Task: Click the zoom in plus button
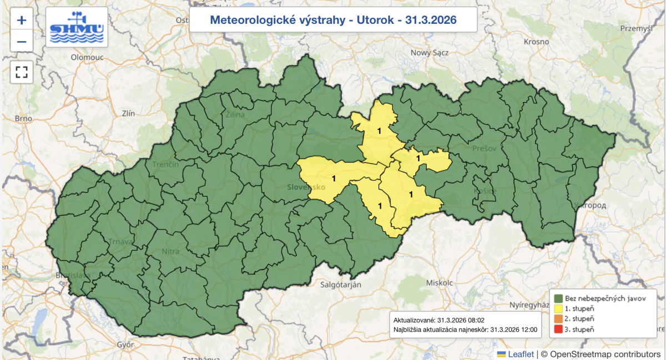click(x=22, y=21)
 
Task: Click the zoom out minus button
click(x=22, y=41)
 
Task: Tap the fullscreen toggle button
click(x=22, y=72)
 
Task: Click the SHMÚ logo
click(x=77, y=27)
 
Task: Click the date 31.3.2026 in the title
click(x=430, y=20)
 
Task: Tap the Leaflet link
click(x=521, y=354)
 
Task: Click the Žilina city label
click(x=236, y=115)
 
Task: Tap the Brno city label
click(x=24, y=118)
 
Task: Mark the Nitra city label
click(x=171, y=251)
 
